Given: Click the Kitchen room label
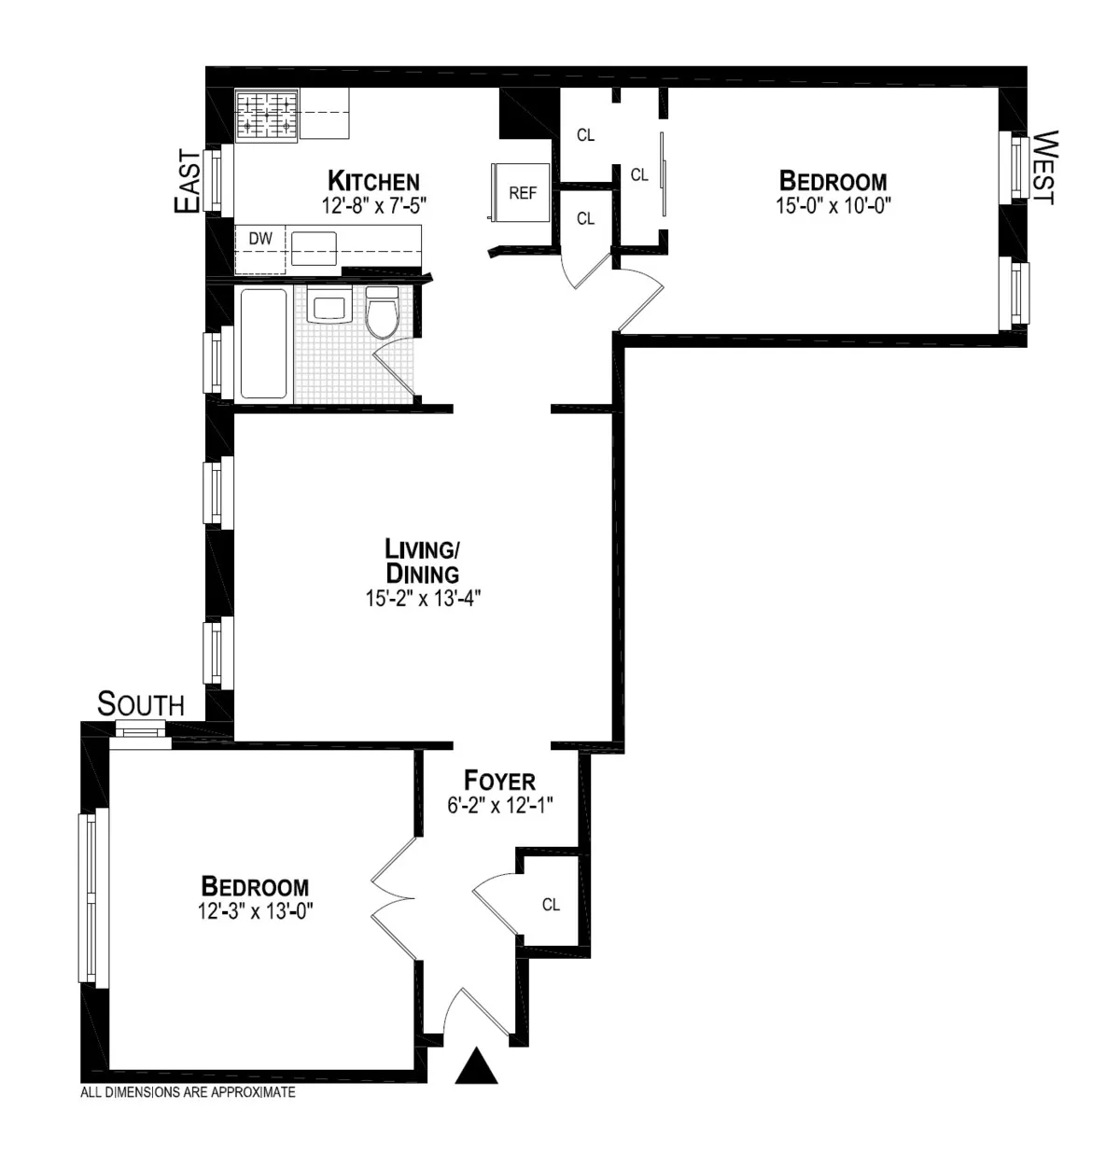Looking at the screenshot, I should (373, 181).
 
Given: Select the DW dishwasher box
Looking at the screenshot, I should (260, 239).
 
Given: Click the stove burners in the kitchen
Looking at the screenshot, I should (266, 116).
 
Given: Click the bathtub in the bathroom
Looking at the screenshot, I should (263, 343).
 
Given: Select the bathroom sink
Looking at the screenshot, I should (329, 307).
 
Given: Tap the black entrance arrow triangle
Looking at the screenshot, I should (476, 1066).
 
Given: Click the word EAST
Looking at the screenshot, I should (188, 182).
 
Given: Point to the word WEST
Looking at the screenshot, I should (1043, 168).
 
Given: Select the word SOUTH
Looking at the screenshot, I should (141, 704).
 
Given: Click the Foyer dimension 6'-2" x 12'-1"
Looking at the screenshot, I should (500, 805).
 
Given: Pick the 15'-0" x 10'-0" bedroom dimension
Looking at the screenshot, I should (833, 205).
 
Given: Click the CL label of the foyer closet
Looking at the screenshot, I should (551, 905).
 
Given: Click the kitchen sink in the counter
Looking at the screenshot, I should (313, 249).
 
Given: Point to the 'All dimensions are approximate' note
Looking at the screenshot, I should (189, 1092).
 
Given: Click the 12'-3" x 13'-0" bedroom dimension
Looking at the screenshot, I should (255, 911).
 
